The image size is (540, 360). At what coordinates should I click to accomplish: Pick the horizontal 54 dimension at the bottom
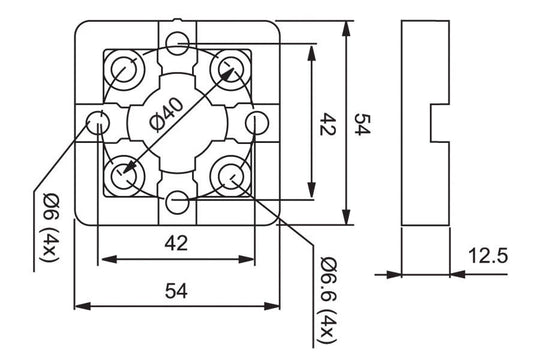(x=177, y=290)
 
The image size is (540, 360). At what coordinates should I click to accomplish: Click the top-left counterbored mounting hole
(x=126, y=70)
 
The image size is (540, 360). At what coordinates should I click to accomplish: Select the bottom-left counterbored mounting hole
(x=126, y=175)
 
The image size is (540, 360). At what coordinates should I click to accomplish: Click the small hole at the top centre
(x=178, y=42)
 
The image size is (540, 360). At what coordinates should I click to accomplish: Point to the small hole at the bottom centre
(x=178, y=203)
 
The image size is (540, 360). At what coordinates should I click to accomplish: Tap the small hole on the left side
(x=98, y=123)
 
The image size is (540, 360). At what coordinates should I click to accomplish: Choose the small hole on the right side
(x=258, y=123)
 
